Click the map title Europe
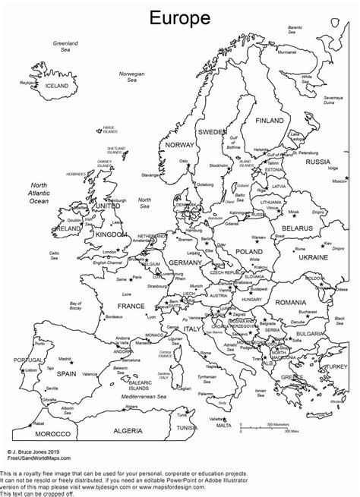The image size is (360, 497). [x=180, y=16]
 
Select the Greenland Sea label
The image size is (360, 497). [x=66, y=47]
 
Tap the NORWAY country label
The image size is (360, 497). [x=180, y=145]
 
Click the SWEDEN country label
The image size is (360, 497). [x=212, y=132]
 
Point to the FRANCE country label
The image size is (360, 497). [x=131, y=306]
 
